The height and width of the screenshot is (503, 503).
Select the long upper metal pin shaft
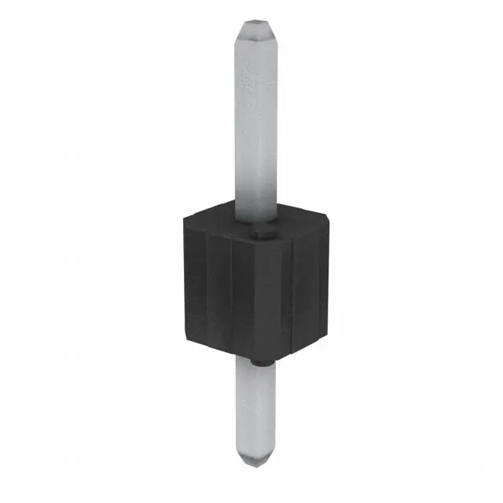(257, 118)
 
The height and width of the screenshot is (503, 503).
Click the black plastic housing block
(251, 291)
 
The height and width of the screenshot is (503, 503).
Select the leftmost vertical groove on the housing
(206, 291)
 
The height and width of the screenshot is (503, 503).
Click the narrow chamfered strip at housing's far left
(187, 283)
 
